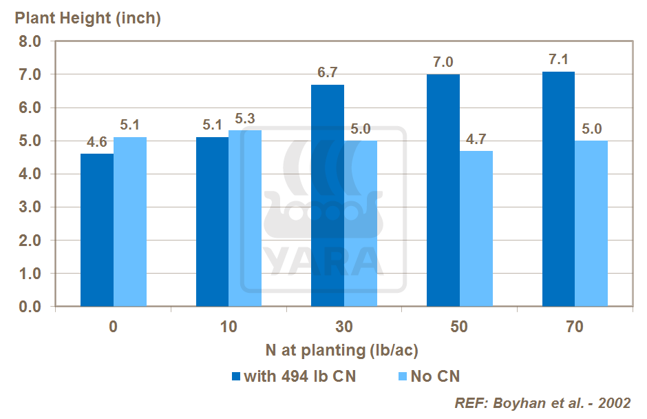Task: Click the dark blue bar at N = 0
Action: point(97,230)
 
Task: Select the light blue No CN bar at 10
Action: point(245,218)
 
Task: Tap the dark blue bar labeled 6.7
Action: point(328,196)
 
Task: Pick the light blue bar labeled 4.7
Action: point(476,229)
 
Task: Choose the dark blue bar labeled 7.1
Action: point(558,189)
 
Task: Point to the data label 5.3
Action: point(245,119)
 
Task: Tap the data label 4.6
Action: point(97,143)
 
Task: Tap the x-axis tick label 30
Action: point(344,327)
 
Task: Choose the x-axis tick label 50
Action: point(459,327)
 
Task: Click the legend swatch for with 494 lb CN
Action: point(236,376)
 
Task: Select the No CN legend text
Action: point(435,376)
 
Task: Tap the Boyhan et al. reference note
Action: point(542,403)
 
